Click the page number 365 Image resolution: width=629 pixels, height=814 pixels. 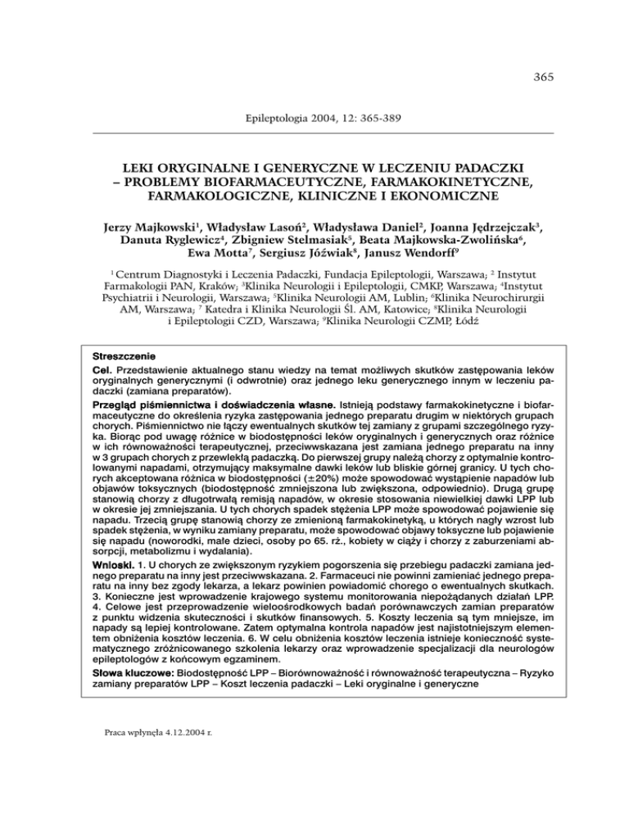543,79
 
